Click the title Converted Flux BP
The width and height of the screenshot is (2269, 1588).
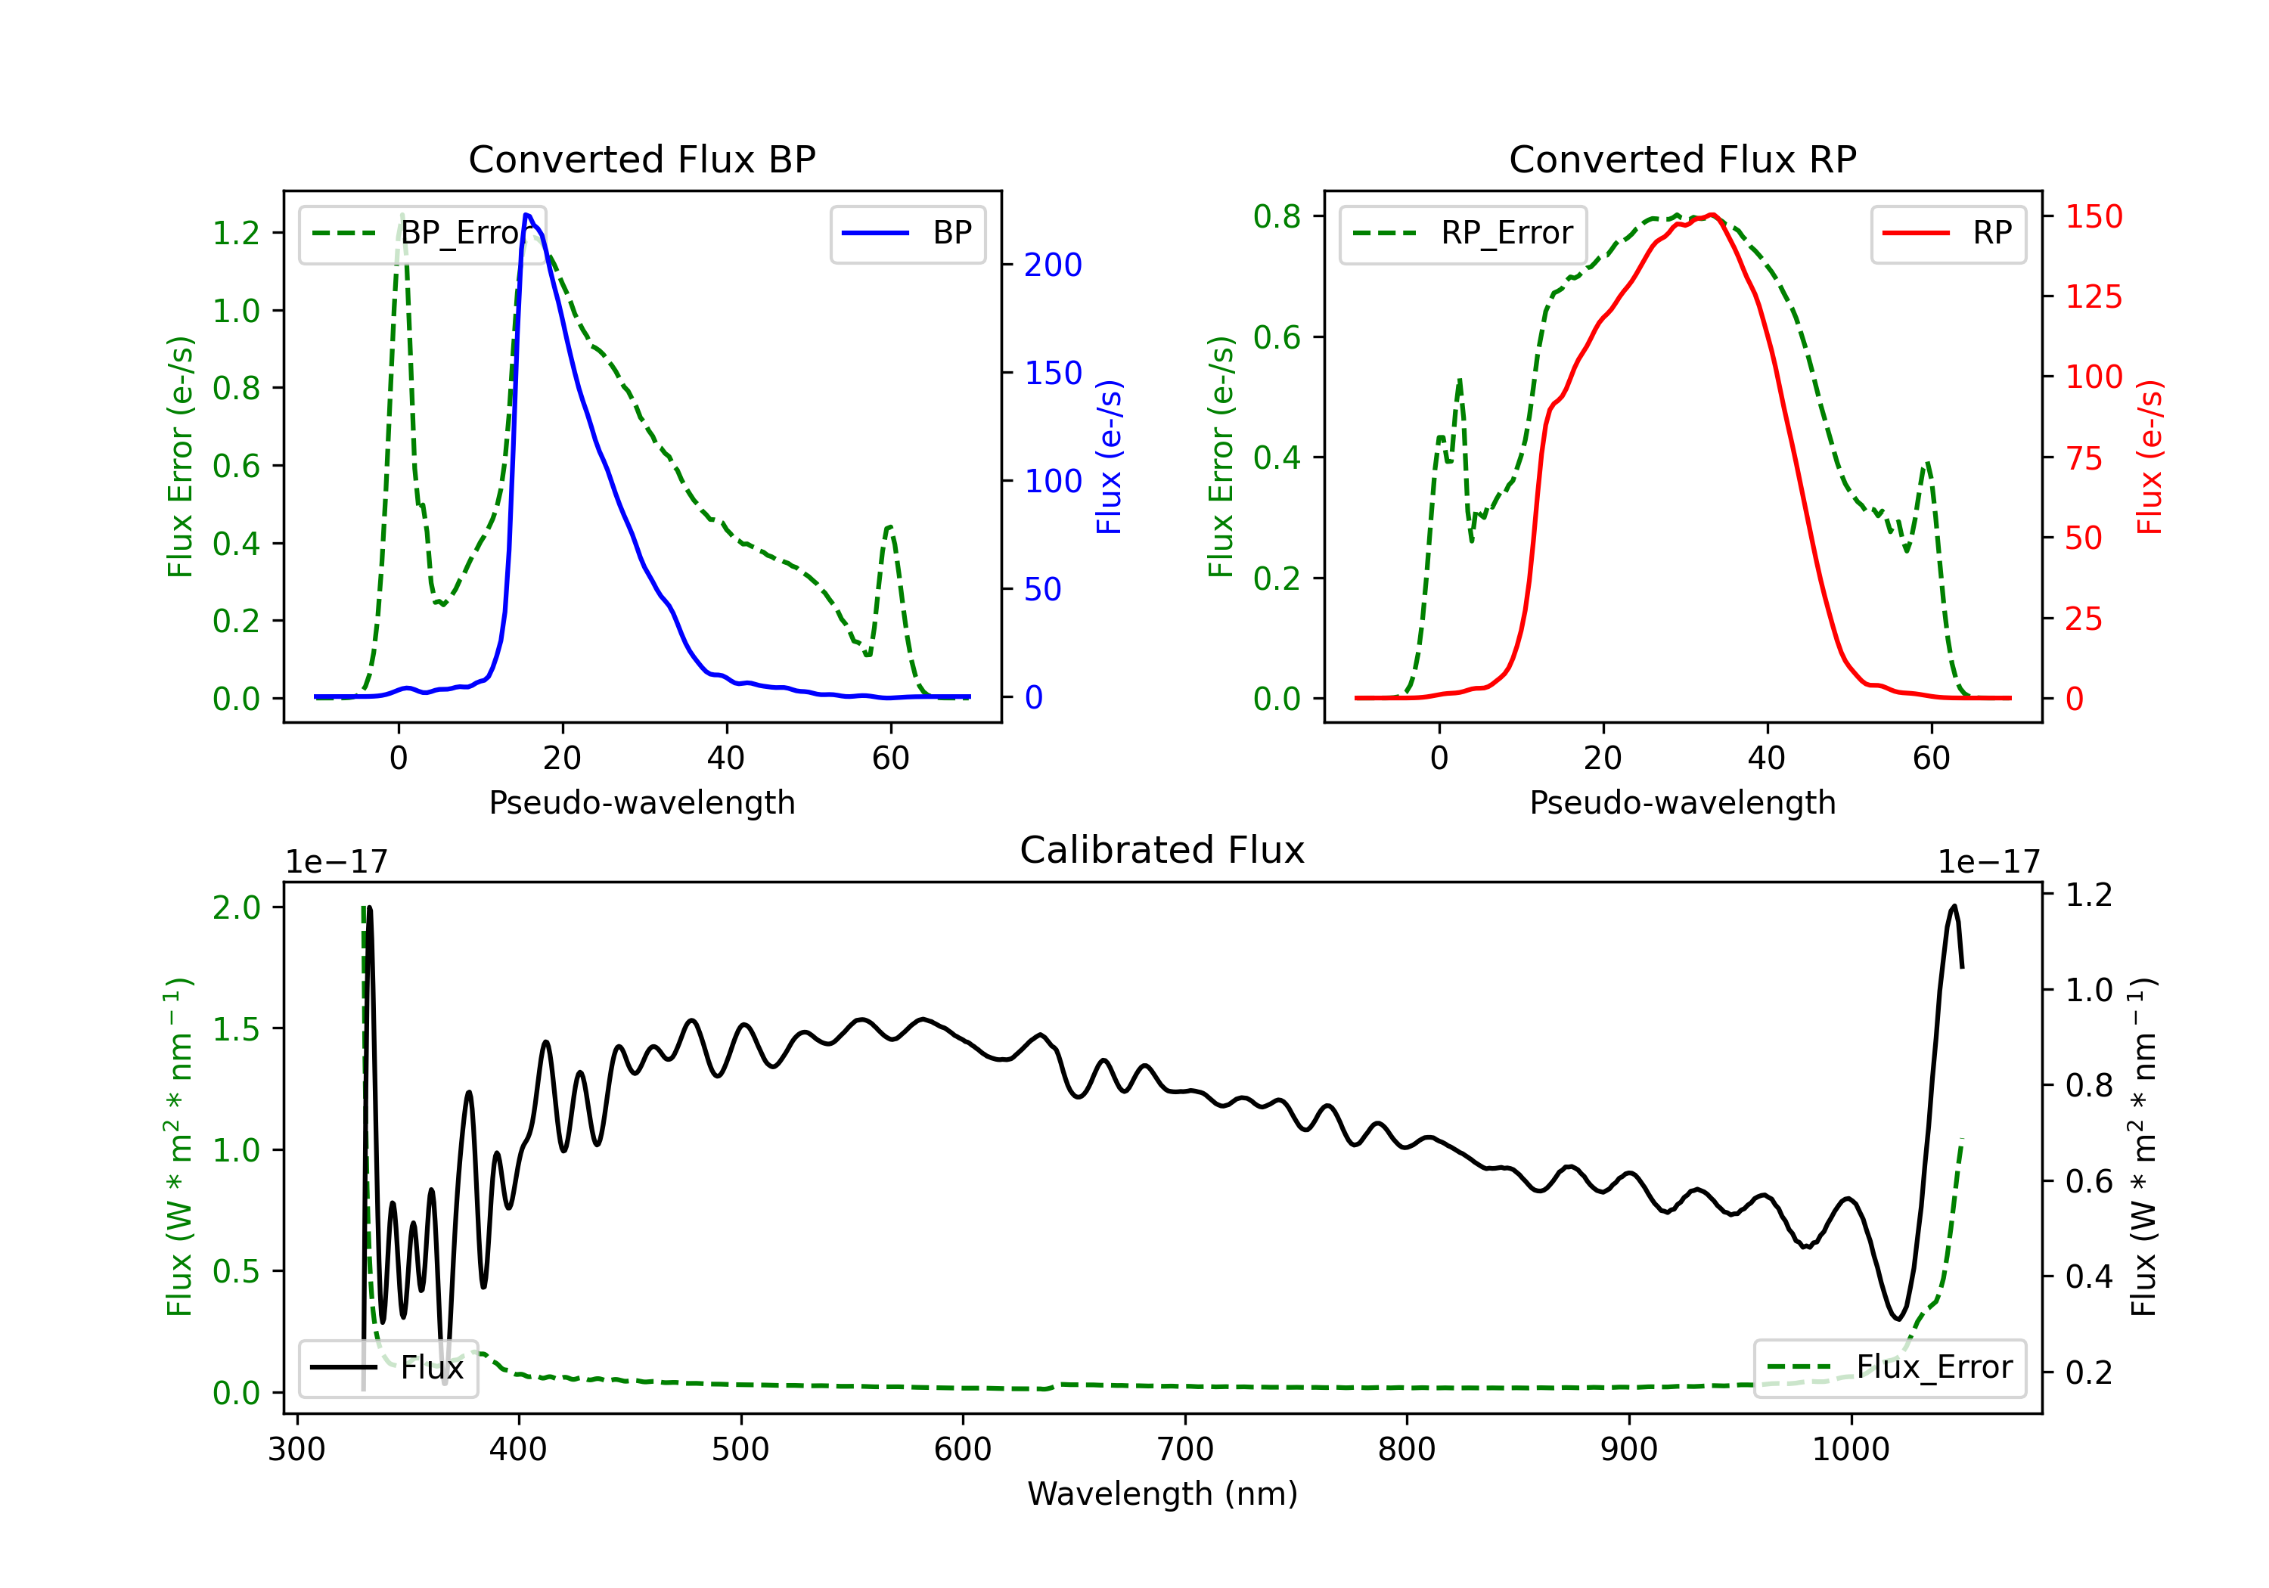coord(641,159)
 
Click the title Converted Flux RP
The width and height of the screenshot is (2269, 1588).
coord(1682,159)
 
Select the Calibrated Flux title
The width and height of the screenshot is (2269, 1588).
coord(1162,850)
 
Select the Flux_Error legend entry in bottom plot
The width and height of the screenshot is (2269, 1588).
coord(1889,1368)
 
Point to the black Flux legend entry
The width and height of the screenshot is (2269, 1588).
coord(387,1368)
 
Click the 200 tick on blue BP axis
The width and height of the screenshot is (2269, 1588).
coord(1053,265)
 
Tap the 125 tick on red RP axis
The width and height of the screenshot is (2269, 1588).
coord(2093,296)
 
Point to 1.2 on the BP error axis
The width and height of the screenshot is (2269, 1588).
coord(236,233)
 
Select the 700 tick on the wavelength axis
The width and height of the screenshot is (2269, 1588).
coord(1185,1449)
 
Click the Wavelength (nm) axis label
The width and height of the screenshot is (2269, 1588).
coord(1162,1493)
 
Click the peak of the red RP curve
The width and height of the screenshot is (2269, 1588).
coord(1712,215)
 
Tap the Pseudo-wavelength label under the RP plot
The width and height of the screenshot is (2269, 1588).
coord(1682,802)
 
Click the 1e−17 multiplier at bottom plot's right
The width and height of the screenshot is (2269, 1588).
coord(1988,862)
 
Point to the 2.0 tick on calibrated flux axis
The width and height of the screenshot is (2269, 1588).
coord(236,907)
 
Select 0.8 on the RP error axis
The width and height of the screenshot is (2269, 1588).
coord(1277,216)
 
